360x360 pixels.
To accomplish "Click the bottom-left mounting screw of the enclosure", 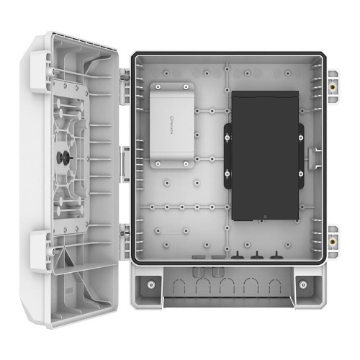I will point(150,283).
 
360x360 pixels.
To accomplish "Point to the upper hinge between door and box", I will point(124,82).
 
